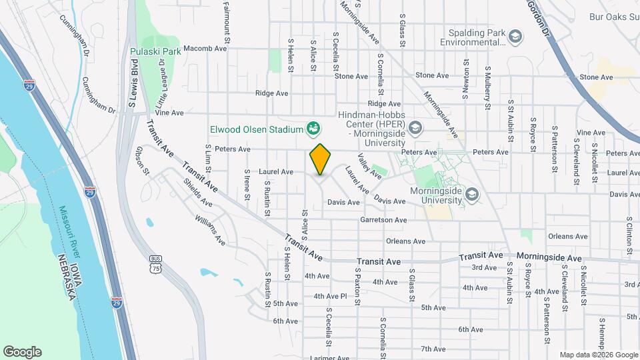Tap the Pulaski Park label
(156, 51)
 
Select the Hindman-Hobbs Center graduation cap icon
(415, 127)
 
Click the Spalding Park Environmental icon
(514, 37)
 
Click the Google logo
(22, 352)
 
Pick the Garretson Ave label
(383, 220)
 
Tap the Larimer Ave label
(330, 357)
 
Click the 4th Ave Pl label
(331, 296)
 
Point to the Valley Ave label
(369, 166)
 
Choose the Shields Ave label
(198, 193)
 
